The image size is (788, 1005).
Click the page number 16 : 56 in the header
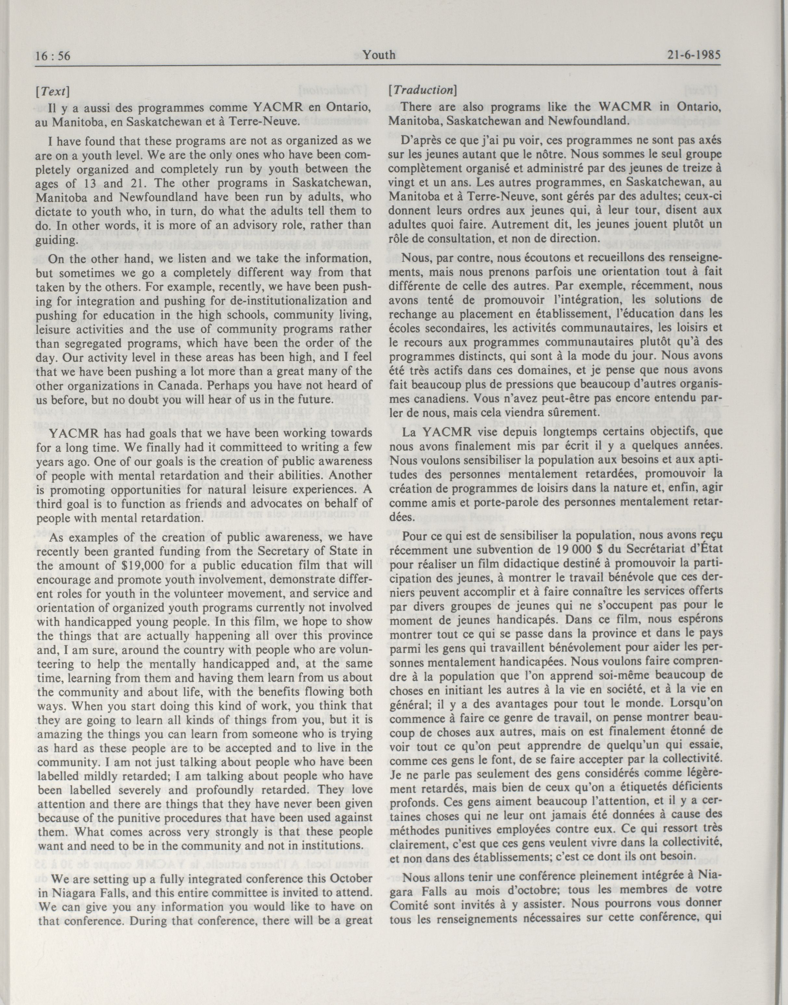tap(53, 56)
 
